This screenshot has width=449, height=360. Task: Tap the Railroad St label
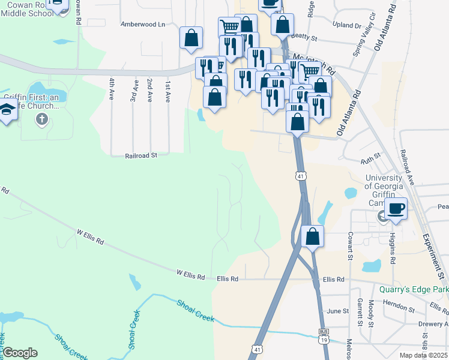point(141,155)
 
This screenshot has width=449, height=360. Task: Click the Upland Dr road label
point(350,26)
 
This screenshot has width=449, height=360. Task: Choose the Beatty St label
point(304,37)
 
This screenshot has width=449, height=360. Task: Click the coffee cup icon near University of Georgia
point(396,209)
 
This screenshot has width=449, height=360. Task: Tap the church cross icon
point(42,119)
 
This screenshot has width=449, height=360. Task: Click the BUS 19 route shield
point(324,338)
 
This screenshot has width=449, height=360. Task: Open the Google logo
point(20,353)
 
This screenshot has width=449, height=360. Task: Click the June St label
point(338,311)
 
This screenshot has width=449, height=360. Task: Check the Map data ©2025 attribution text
point(423,355)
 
